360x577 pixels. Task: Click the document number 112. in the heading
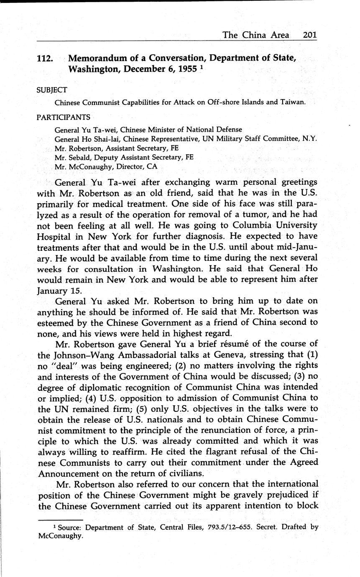(45, 59)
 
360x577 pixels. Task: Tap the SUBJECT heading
(51, 90)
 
